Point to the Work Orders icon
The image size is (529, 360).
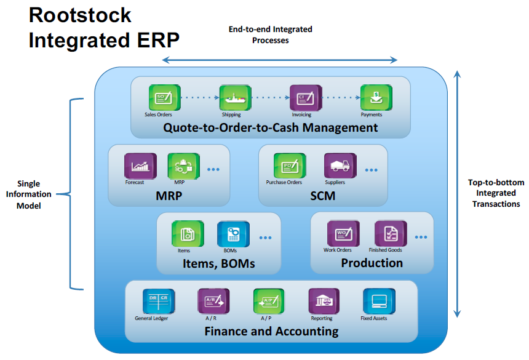coord(343,233)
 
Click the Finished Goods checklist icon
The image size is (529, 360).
coord(391,233)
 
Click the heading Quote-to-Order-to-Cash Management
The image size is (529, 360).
coord(271,128)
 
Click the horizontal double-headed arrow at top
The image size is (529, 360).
coord(279,60)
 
